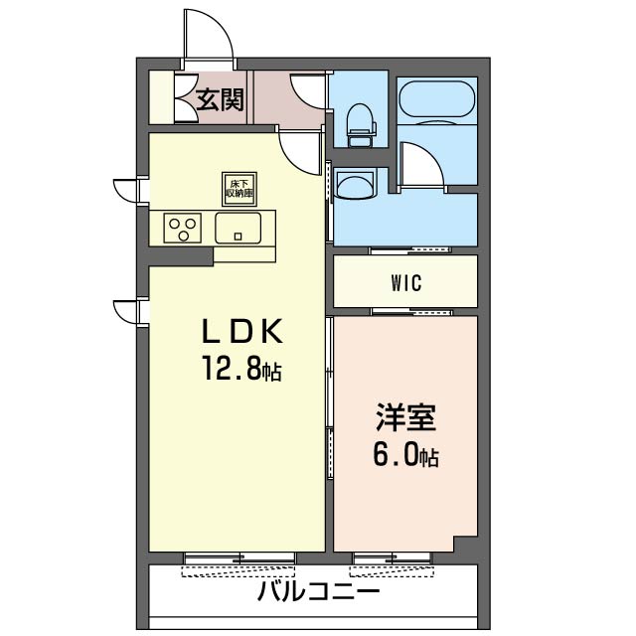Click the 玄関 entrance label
click(x=220, y=99)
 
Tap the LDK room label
click(x=242, y=331)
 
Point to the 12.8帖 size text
click(x=242, y=368)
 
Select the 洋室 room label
click(x=405, y=417)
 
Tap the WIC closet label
click(x=406, y=282)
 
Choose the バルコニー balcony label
click(x=319, y=592)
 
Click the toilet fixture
click(x=361, y=125)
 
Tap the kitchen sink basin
click(x=238, y=228)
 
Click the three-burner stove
click(x=183, y=228)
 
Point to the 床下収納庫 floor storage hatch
click(x=239, y=189)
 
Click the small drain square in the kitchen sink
click(x=238, y=237)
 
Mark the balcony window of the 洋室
click(x=392, y=558)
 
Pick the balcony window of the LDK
click(x=239, y=558)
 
